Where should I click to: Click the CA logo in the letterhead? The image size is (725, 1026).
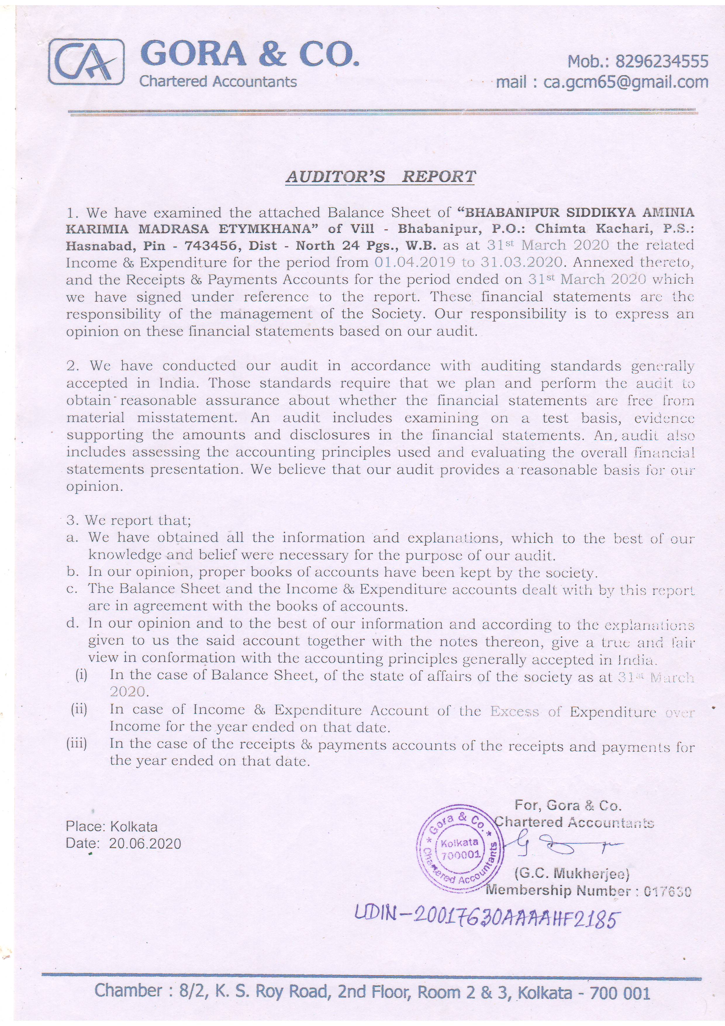(x=86, y=62)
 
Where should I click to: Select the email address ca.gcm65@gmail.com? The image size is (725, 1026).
(x=625, y=82)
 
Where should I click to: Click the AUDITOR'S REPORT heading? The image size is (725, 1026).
(x=381, y=177)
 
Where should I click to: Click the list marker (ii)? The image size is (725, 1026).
(x=79, y=709)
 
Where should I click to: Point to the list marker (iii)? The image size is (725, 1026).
(x=77, y=743)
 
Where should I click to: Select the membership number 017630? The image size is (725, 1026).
(x=667, y=891)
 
